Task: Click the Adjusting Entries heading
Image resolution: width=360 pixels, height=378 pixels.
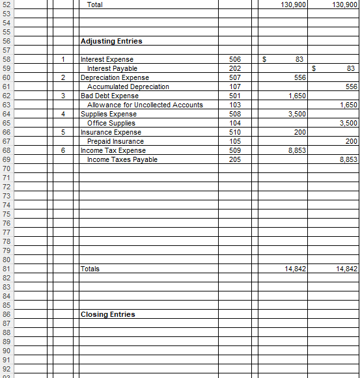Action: click(111, 41)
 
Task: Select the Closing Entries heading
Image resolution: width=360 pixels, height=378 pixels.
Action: click(107, 314)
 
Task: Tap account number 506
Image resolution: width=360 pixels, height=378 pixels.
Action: click(236, 59)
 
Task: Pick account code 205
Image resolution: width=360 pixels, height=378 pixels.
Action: click(236, 159)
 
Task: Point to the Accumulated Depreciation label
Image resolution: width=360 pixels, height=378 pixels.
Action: click(128, 87)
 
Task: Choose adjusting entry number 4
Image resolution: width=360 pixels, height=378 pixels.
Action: click(63, 114)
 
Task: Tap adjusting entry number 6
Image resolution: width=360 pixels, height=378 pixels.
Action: click(63, 150)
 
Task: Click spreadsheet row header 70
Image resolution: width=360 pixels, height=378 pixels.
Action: click(6, 169)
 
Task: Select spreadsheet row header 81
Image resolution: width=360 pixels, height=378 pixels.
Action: click(6, 269)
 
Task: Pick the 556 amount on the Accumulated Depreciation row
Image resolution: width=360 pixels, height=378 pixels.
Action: click(352, 87)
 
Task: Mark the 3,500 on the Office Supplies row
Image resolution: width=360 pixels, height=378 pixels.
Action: click(349, 123)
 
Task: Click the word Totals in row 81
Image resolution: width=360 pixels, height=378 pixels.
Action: click(90, 269)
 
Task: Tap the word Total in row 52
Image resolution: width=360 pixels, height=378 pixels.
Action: click(94, 5)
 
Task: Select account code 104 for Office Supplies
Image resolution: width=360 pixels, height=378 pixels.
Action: click(236, 123)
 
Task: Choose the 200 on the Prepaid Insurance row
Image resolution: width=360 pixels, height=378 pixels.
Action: click(352, 141)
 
